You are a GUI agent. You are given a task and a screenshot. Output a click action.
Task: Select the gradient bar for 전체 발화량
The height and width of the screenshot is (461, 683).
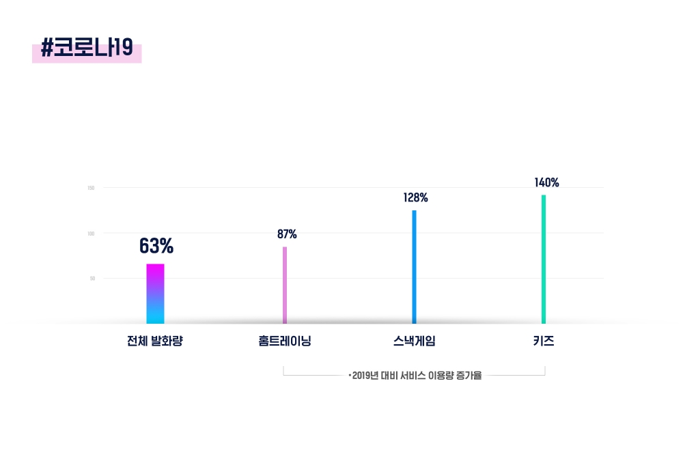point(155,294)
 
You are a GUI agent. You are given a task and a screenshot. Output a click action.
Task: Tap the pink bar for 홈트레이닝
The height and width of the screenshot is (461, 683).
point(285,285)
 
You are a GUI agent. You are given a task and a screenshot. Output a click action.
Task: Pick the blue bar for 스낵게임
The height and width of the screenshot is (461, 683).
point(414,267)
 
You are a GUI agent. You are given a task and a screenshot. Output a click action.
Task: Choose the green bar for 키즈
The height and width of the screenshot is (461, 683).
point(544,260)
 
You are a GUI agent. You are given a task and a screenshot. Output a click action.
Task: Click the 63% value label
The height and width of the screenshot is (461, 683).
point(156,245)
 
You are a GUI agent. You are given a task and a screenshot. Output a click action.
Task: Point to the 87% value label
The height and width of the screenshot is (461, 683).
point(287,234)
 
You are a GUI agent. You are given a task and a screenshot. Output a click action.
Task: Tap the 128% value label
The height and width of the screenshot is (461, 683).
point(415,198)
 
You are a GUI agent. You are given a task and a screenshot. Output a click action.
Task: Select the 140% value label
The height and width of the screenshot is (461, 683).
point(546,182)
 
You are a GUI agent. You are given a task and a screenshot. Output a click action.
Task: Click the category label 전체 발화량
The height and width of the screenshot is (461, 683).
point(155,341)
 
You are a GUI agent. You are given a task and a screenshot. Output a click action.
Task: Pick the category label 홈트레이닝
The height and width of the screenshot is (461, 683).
point(285,341)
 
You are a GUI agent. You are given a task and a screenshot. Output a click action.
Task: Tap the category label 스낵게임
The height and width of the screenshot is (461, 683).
point(415,341)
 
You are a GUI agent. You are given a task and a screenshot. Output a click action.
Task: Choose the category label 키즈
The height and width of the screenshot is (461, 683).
point(544,341)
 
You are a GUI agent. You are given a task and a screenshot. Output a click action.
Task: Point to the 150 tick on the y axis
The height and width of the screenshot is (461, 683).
point(91,188)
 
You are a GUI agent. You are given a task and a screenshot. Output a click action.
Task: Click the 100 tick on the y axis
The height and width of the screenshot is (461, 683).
point(91,234)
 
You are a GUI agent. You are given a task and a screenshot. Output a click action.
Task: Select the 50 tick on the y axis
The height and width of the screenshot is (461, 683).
point(92,279)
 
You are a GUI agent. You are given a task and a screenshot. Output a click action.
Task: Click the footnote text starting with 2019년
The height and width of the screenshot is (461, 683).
point(415,376)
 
